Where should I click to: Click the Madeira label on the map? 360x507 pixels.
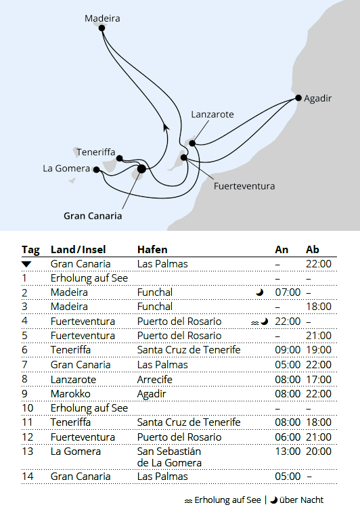(102, 18)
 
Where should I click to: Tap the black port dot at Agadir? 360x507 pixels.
(298, 99)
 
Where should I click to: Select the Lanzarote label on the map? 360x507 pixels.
(212, 114)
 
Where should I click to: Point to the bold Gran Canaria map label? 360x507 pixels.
(93, 216)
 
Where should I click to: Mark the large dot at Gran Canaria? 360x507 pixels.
(141, 169)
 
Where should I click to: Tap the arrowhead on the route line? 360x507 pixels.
(165, 125)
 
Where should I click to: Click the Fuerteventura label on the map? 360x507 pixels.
(244, 185)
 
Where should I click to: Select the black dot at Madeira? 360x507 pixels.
(102, 28)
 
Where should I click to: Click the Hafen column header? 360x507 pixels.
(152, 249)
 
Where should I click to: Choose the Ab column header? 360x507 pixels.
(313, 249)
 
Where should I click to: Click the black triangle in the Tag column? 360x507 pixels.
(26, 263)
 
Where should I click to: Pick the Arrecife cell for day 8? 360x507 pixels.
(154, 379)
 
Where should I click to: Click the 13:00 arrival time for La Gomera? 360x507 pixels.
(288, 451)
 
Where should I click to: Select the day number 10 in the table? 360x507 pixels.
(28, 407)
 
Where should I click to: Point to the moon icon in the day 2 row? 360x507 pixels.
(259, 292)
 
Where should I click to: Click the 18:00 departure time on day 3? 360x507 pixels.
(318, 307)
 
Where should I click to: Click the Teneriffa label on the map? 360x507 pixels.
(95, 152)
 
